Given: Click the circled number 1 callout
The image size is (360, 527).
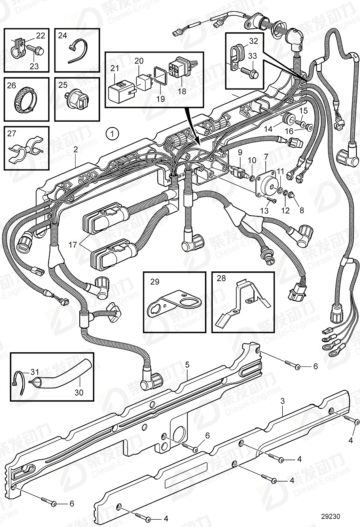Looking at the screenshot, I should pyautogui.click(x=113, y=132).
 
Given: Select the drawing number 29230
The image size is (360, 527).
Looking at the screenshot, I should pyautogui.click(x=331, y=516).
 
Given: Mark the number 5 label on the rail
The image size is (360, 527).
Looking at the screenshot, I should pyautogui.click(x=187, y=364).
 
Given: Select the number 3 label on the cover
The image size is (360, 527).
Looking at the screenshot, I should pyautogui.click(x=283, y=401).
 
